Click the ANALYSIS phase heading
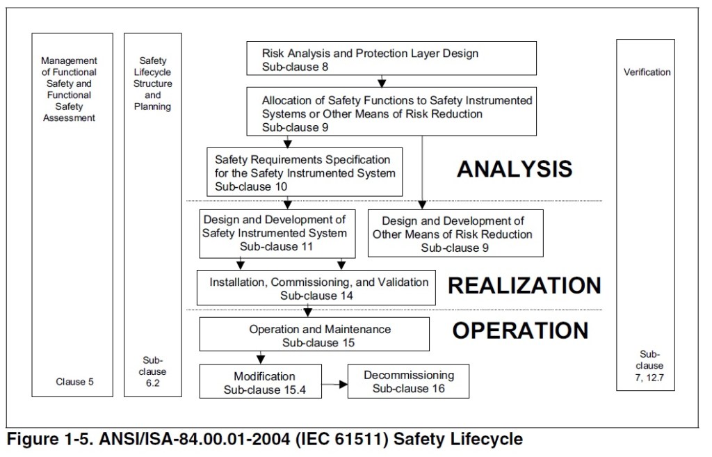[514, 169]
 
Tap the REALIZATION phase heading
[524, 285]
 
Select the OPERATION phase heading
[520, 330]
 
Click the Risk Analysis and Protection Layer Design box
[391, 58]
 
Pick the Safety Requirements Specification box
[305, 171]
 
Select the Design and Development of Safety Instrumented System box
[277, 233]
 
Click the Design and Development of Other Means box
[455, 233]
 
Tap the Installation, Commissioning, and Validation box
[316, 288]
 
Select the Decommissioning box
[408, 381]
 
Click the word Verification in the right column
[647, 72]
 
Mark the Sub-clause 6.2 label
[153, 371]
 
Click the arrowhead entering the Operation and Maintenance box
[307, 314]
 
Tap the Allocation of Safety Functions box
[391, 111]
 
